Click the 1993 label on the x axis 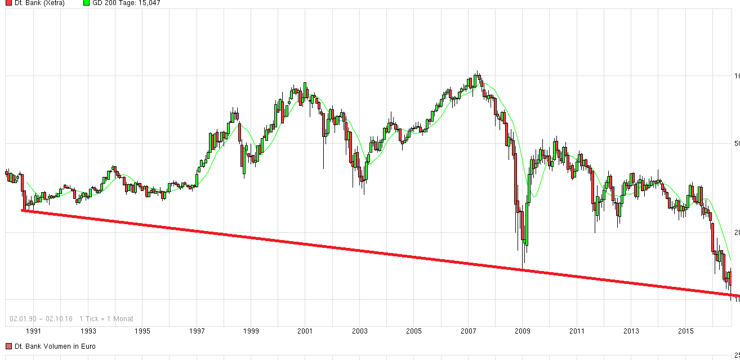point(88,331)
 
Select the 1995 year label point(142,331)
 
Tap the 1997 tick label point(197,331)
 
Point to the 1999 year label point(251,331)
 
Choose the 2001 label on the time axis point(305,331)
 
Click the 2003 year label point(360,331)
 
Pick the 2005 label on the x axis point(414,331)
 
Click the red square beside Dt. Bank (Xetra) point(8,3)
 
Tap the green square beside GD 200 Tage point(86,3)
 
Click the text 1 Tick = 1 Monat point(106,318)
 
